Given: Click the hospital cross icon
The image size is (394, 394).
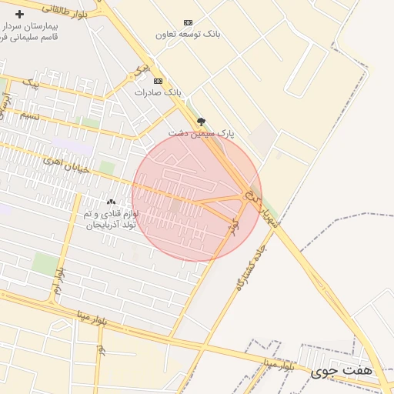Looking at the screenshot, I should click(x=19, y=14).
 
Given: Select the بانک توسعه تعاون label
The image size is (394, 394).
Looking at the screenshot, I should click(x=189, y=35).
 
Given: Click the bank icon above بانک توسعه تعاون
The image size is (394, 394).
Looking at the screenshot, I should click(x=189, y=22).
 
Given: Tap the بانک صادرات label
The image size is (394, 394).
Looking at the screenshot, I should click(x=158, y=92).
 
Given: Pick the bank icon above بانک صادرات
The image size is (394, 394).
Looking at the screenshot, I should click(x=159, y=81).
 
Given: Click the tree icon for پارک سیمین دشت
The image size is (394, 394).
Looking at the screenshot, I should click(x=201, y=122).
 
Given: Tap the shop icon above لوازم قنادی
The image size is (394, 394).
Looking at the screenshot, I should click(x=111, y=202).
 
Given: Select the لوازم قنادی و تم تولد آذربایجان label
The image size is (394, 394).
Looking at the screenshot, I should click(x=111, y=219).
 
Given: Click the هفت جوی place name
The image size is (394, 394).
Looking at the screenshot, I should click(x=341, y=371).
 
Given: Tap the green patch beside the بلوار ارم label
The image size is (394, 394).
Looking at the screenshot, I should click(x=45, y=264).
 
